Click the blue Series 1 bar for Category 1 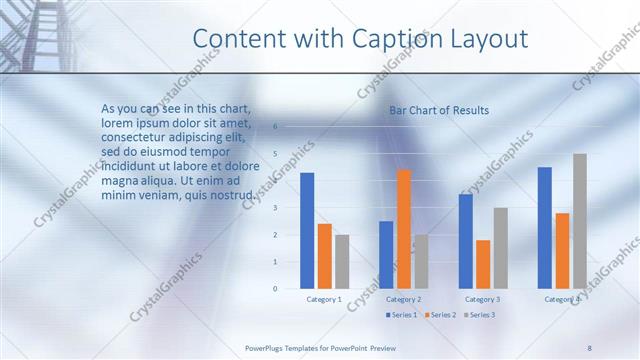[x=307, y=231]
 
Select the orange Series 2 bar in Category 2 [x=404, y=229]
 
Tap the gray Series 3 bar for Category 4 [x=580, y=221]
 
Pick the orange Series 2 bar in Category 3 [x=483, y=264]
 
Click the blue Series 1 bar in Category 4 [x=544, y=228]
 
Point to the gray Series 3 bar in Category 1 [x=342, y=262]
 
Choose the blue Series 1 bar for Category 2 [x=386, y=255]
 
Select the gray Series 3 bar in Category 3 [x=501, y=248]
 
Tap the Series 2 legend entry [x=440, y=315]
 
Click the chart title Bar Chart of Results [x=439, y=110]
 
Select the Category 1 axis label [x=324, y=299]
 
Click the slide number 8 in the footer [x=589, y=347]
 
